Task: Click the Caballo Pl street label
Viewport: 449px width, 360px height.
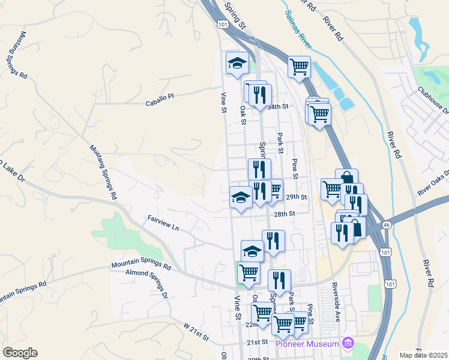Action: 159,100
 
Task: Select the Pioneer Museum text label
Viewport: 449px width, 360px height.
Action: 307,343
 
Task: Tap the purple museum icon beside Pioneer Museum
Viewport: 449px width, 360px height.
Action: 346,343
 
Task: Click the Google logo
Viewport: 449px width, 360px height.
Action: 20,353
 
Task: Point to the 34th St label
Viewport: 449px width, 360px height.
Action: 278,106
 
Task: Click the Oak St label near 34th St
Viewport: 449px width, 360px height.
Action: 243,115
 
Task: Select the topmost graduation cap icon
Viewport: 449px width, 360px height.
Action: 237,63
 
